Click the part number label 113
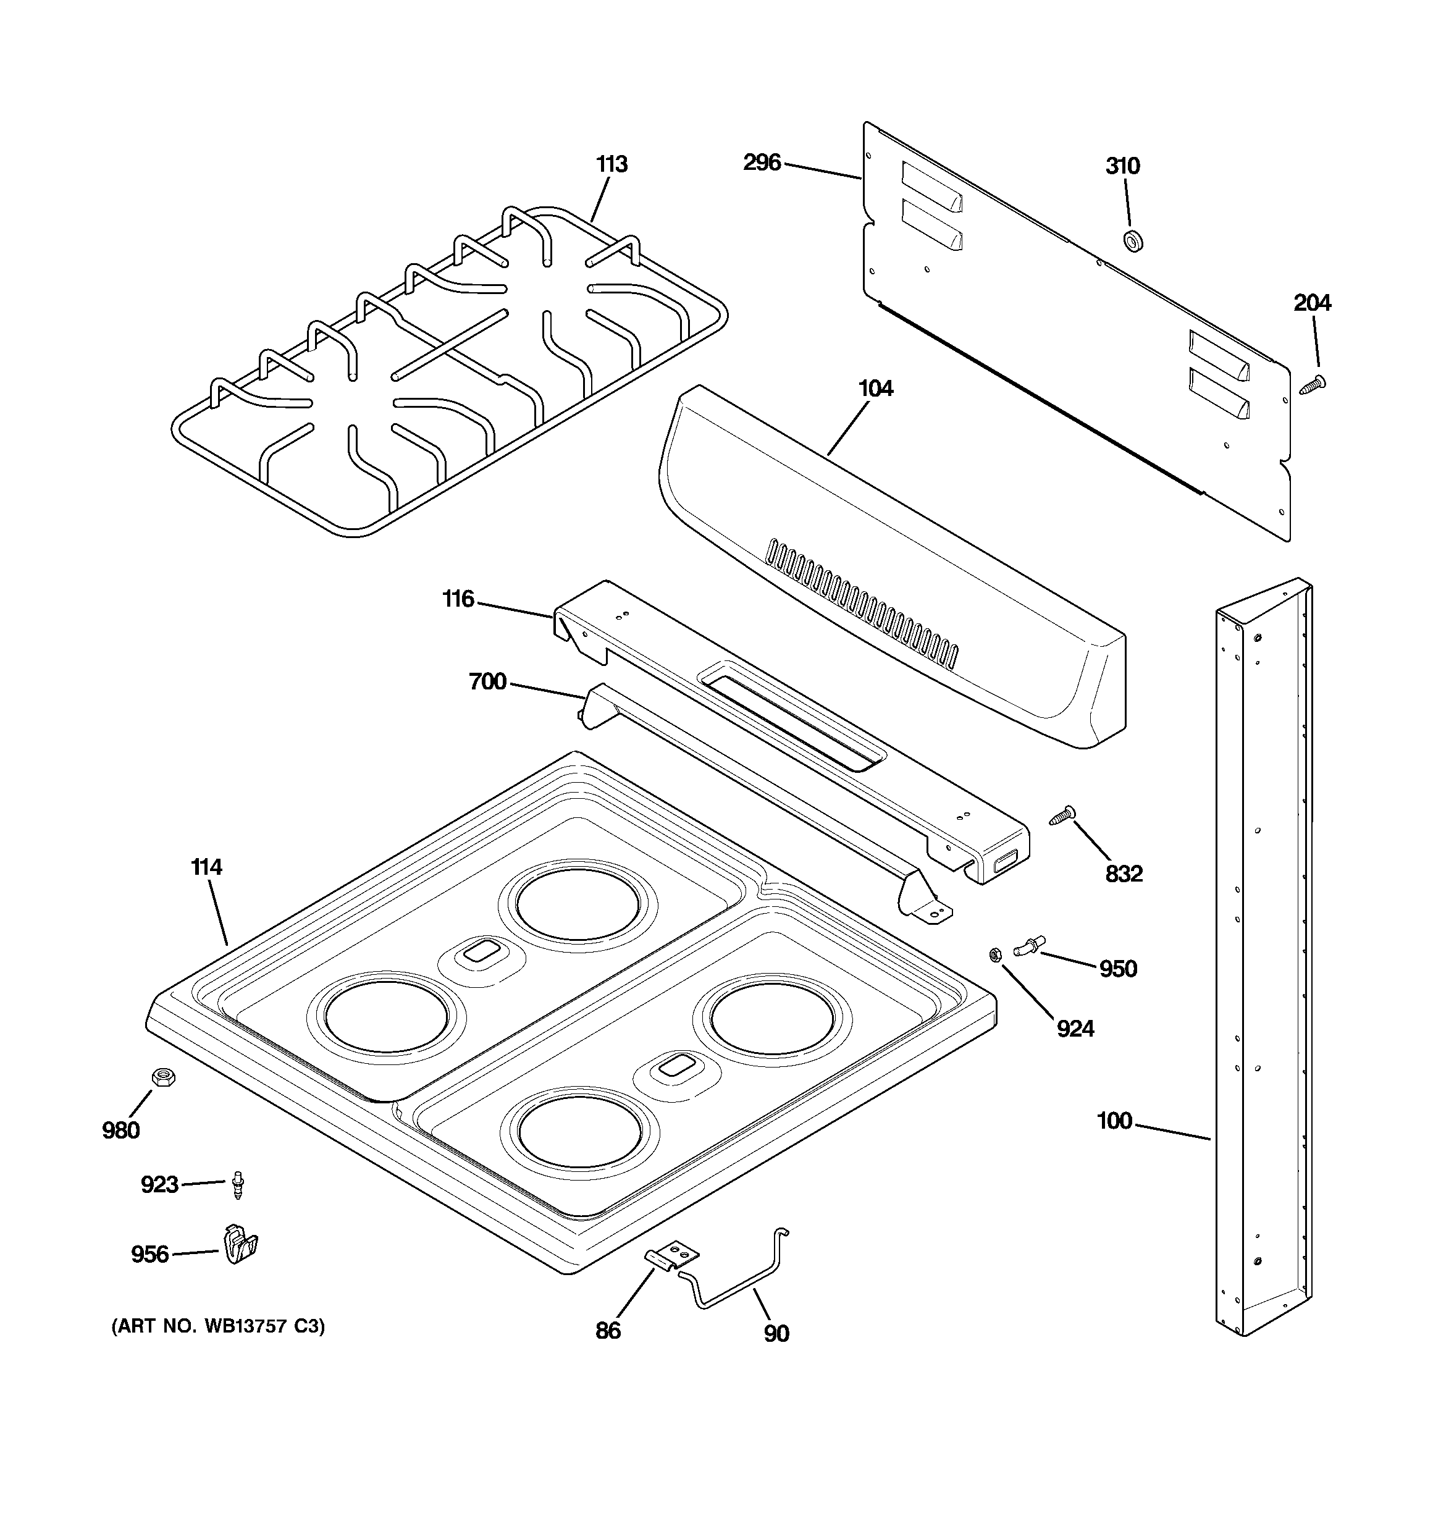(611, 164)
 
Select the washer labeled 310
(1132, 241)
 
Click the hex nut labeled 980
(162, 1077)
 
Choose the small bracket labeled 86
(671, 1258)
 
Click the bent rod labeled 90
(738, 1281)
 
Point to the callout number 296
(762, 163)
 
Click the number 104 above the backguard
(875, 389)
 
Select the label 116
(458, 599)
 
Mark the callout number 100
(1114, 1121)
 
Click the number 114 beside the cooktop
(206, 867)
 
